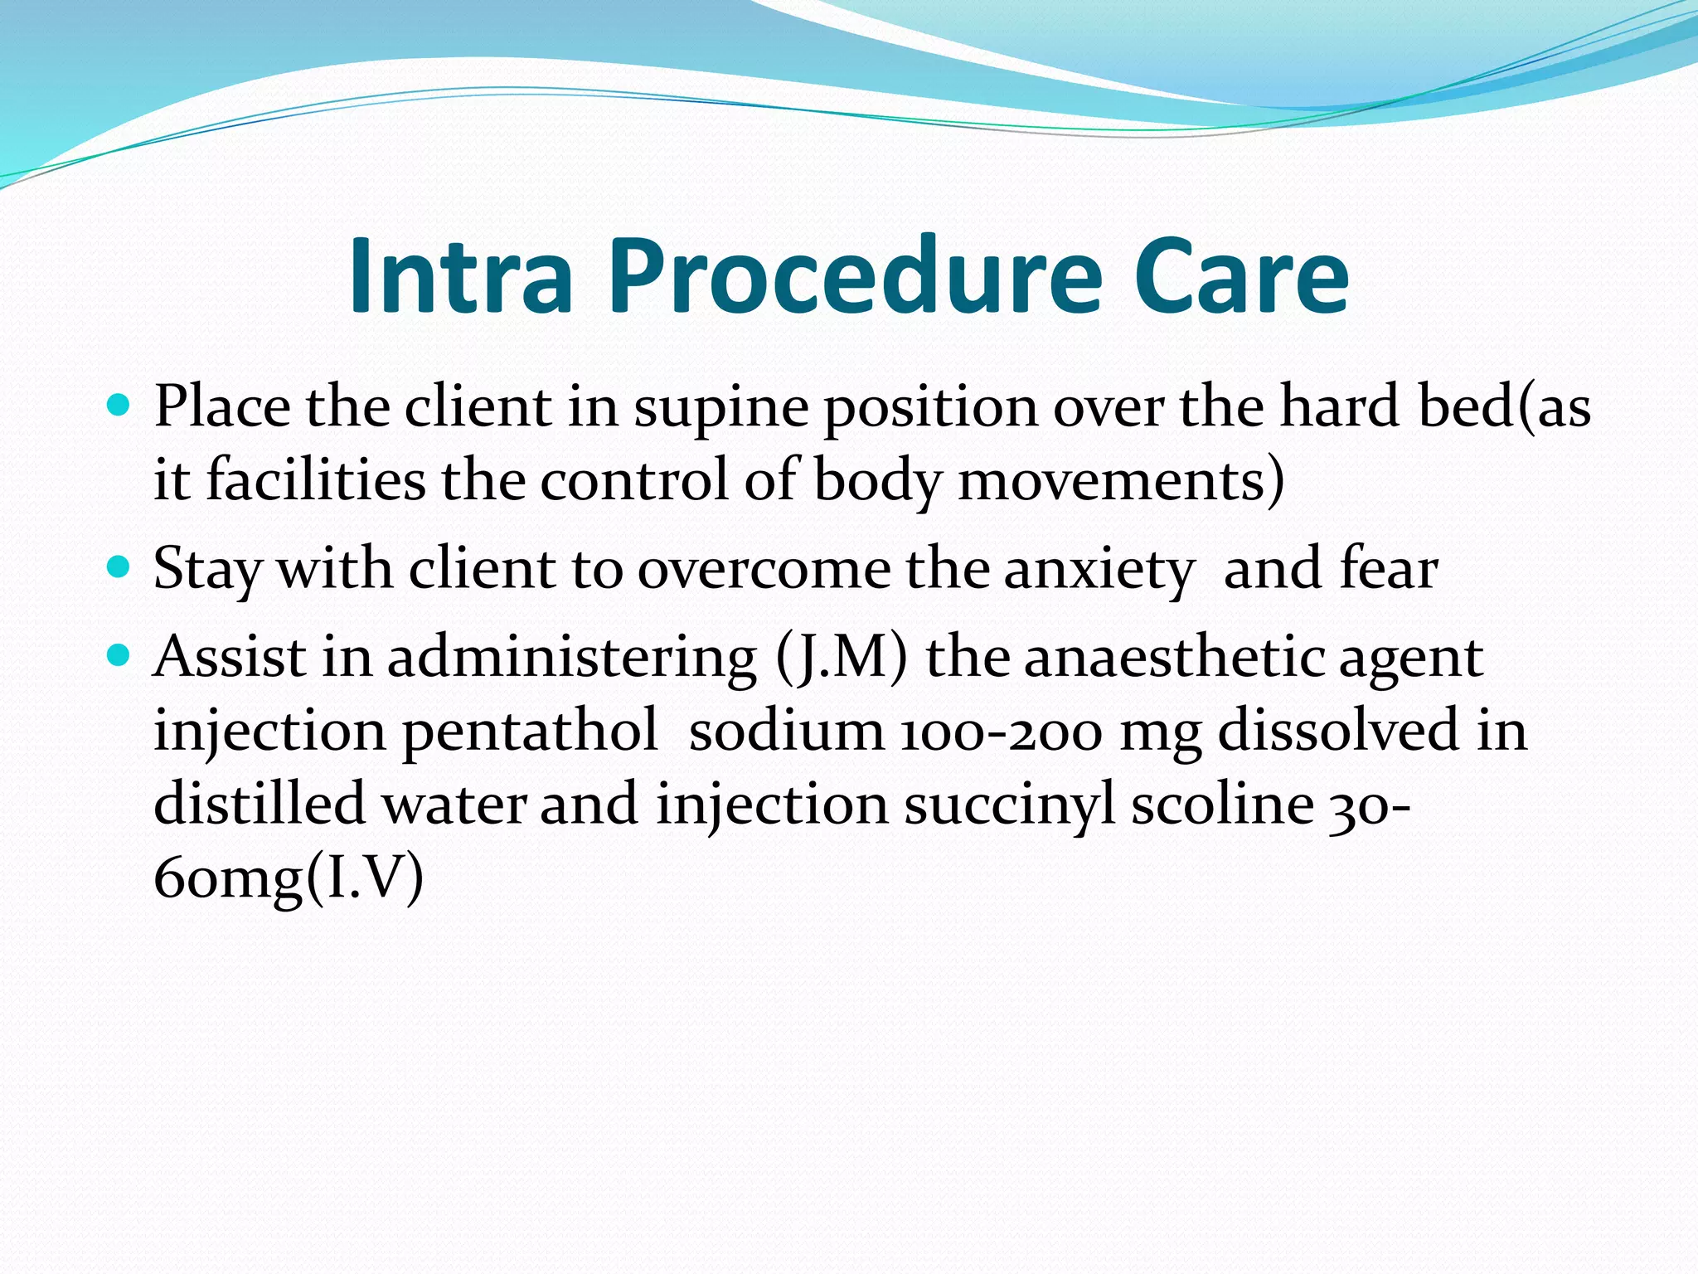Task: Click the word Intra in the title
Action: click(461, 276)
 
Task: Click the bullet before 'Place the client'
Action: click(119, 406)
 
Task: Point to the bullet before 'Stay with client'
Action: click(119, 568)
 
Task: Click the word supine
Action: click(720, 409)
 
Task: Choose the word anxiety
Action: click(1099, 571)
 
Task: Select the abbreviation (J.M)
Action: click(842, 659)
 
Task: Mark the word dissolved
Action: click(1337, 730)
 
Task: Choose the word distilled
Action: click(260, 803)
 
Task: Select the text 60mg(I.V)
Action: click(289, 878)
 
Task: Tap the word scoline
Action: click(1222, 803)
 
